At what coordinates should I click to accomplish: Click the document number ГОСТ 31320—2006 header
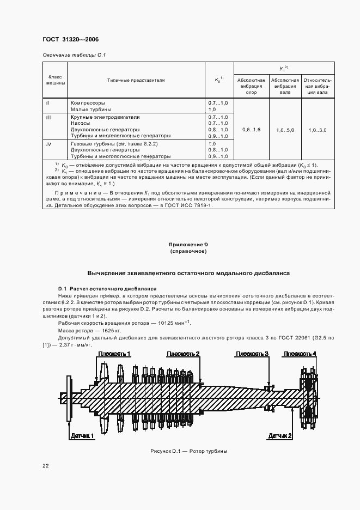tap(67, 40)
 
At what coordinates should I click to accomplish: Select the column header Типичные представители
tap(136, 80)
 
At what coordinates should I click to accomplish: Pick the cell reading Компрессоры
tap(88, 102)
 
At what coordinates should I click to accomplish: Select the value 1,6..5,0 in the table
tap(285, 130)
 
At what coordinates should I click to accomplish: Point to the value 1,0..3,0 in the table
tap(318, 130)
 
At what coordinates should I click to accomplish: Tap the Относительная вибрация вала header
tap(318, 86)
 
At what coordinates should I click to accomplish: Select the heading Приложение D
tap(188, 246)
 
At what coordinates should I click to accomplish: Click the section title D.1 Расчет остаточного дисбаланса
tap(107, 288)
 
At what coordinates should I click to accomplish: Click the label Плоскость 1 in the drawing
tap(114, 354)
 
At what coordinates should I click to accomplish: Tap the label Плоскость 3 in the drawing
tap(252, 354)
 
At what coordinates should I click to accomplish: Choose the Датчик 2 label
tap(280, 436)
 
